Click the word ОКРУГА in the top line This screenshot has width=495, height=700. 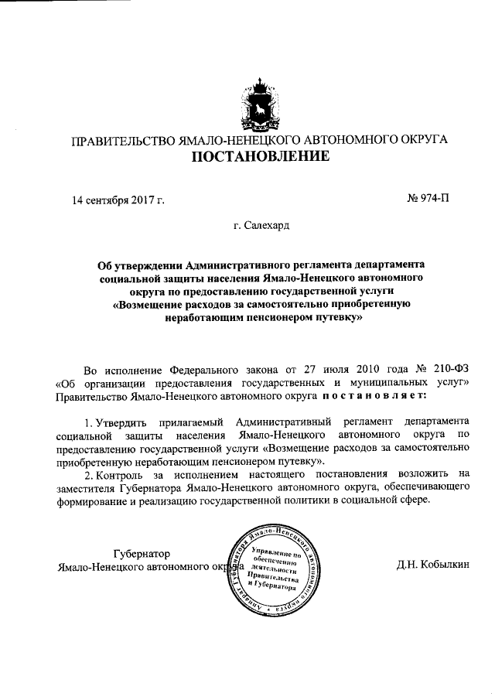419,141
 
